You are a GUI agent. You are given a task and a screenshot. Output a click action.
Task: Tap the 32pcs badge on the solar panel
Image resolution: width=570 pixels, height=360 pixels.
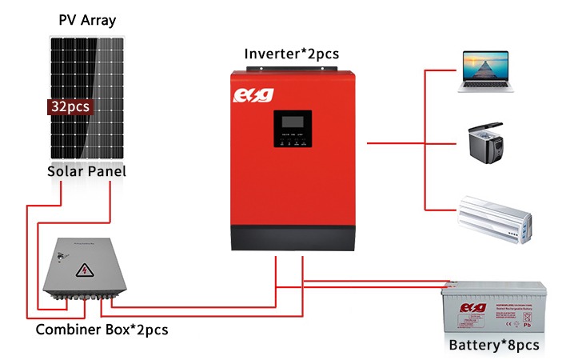click(70, 106)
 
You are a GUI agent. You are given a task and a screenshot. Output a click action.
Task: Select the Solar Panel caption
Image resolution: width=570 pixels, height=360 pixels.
click(86, 171)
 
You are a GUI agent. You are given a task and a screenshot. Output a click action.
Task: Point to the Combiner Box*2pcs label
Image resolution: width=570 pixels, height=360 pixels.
click(102, 329)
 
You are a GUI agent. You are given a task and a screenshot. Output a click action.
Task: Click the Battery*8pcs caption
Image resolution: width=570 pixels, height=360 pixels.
click(494, 345)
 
